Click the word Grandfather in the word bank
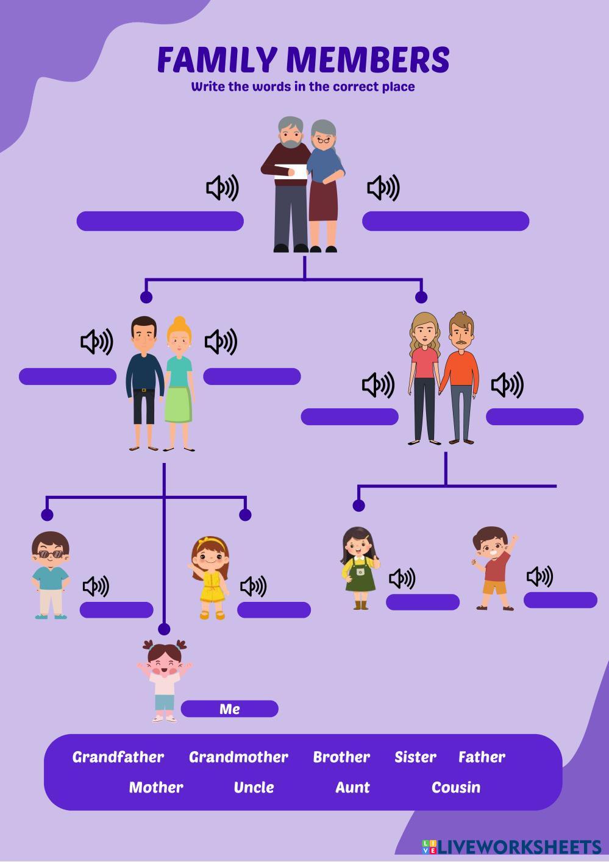point(118,757)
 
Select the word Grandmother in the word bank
point(238,757)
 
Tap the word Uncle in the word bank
point(254,788)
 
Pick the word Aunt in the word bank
point(352,788)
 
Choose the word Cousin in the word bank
point(456,788)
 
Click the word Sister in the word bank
point(415,757)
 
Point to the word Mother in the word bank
point(156,788)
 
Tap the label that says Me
point(230,709)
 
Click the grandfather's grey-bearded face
point(291,133)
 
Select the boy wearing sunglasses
point(50,575)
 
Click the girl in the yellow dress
point(210,578)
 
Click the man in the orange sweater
point(461,378)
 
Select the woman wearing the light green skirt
point(179,384)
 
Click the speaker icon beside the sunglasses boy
point(96,587)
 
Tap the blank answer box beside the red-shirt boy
point(560,600)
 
